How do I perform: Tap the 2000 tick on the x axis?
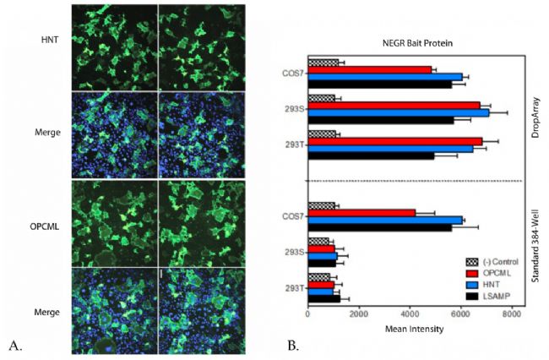pyautogui.click(x=358, y=314)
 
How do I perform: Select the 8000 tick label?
pyautogui.click(x=510, y=314)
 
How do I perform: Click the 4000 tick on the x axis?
pyautogui.click(x=409, y=314)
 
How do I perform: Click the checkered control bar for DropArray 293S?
pyautogui.click(x=322, y=98)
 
